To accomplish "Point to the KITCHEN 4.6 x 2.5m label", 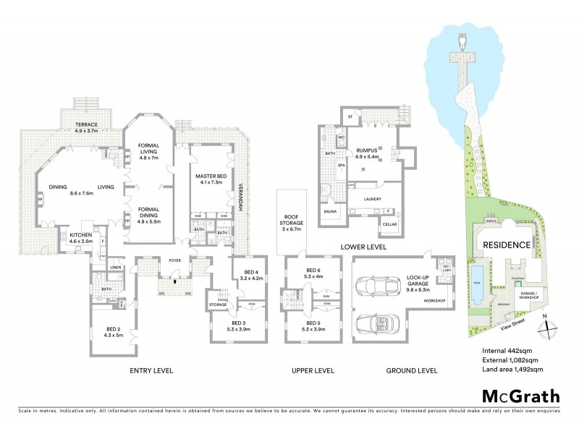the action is click(81, 238).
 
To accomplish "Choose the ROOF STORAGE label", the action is click(291, 218).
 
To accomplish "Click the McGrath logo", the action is click(520, 396).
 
